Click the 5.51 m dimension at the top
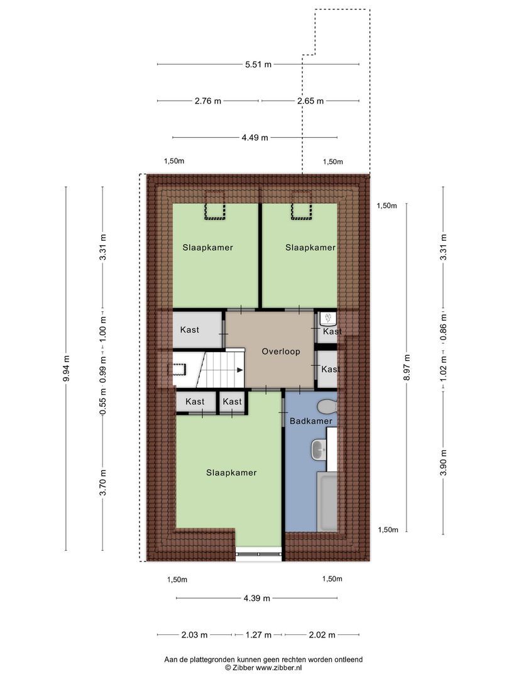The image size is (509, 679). pyautogui.click(x=258, y=64)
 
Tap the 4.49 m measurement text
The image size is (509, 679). pyautogui.click(x=255, y=138)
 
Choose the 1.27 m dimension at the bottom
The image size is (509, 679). pyautogui.click(x=258, y=634)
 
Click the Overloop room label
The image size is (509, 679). pyautogui.click(x=281, y=352)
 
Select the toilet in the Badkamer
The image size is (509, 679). pyautogui.click(x=327, y=405)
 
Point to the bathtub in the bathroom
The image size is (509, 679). pyautogui.click(x=327, y=503)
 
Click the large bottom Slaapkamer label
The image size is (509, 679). pyautogui.click(x=231, y=473)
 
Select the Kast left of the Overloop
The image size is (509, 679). pyautogui.click(x=190, y=330)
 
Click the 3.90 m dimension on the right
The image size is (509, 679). pyautogui.click(x=444, y=453)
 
